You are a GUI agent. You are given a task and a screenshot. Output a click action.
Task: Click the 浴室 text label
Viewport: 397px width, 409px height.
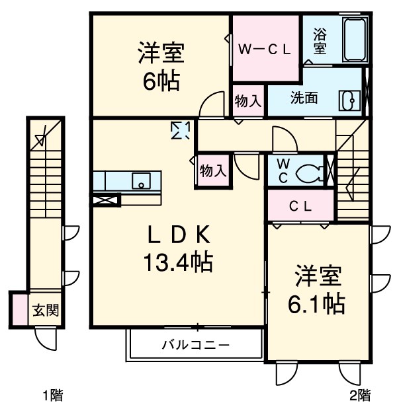tap(319, 40)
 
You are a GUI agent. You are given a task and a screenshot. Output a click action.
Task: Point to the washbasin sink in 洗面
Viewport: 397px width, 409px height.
tap(348, 100)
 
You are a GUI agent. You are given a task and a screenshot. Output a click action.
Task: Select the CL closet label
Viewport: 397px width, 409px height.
tap(300, 205)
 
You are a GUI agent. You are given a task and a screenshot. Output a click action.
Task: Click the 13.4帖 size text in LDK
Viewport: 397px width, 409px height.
tap(177, 264)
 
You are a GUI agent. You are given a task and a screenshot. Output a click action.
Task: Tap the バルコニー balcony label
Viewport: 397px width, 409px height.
tap(196, 345)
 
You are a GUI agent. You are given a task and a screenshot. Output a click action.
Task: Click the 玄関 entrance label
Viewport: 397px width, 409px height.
tap(46, 309)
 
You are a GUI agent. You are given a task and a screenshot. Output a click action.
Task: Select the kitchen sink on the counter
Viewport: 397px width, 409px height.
tap(141, 180)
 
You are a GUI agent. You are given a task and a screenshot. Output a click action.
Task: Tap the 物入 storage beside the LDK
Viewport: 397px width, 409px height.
tap(213, 170)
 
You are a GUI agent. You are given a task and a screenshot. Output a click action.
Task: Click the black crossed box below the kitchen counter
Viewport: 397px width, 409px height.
tap(106, 200)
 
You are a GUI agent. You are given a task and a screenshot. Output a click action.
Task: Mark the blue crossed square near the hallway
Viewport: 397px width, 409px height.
tap(179, 130)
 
